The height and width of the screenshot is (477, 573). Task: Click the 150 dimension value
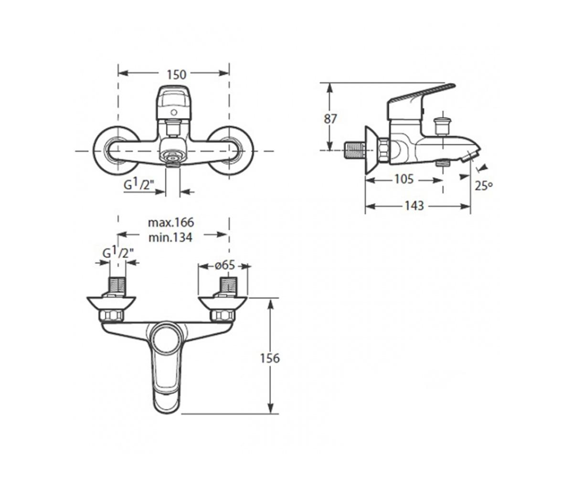[x=177, y=74]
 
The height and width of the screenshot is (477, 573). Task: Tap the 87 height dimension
[x=330, y=119]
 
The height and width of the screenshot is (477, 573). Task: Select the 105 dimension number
[x=404, y=179]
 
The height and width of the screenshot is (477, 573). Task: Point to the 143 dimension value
[x=414, y=206]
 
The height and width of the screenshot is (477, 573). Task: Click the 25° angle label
[x=484, y=186]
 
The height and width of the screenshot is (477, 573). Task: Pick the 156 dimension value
[x=270, y=358]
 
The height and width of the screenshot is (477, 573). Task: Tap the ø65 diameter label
[x=225, y=265]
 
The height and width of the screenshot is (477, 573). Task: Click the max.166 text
[x=170, y=222]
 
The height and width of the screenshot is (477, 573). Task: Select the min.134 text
[x=170, y=238]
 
